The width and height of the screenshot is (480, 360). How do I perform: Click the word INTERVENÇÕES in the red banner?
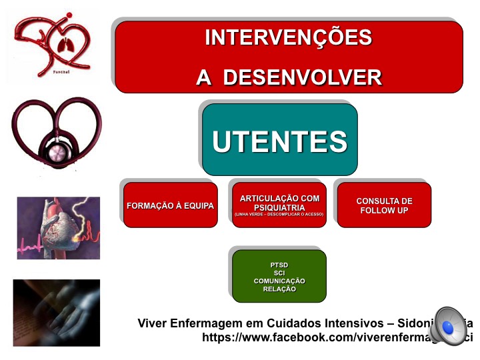[x=288, y=37]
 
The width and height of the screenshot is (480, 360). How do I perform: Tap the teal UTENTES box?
[x=279, y=141]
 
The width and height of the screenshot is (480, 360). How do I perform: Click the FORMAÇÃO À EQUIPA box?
[x=170, y=205]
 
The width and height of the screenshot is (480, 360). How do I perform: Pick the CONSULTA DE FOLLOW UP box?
[x=384, y=205]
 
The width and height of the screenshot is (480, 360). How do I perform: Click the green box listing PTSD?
[x=279, y=276]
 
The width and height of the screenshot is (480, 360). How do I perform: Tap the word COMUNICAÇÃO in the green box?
[x=279, y=281]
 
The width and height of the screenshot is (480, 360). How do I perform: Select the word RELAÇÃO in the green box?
[x=279, y=289]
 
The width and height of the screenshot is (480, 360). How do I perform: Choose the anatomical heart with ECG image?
[x=58, y=228]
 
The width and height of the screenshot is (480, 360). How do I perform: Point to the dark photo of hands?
[x=56, y=313]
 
